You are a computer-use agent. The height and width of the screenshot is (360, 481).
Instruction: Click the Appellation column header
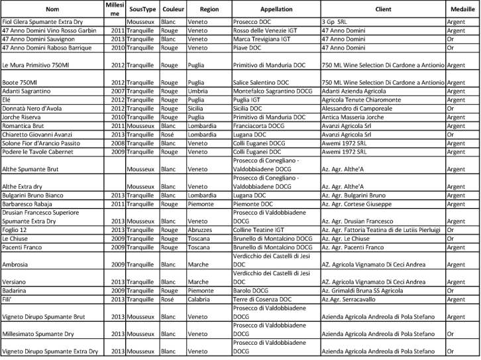(x=276, y=11)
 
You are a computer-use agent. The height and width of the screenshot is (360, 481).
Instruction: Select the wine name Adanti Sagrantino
(x=29, y=91)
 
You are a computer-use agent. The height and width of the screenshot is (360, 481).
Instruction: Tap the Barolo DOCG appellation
(x=251, y=290)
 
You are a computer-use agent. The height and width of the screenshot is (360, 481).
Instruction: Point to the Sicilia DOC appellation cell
(x=250, y=107)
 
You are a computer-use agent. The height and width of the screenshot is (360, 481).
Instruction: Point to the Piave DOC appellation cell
(x=247, y=48)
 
